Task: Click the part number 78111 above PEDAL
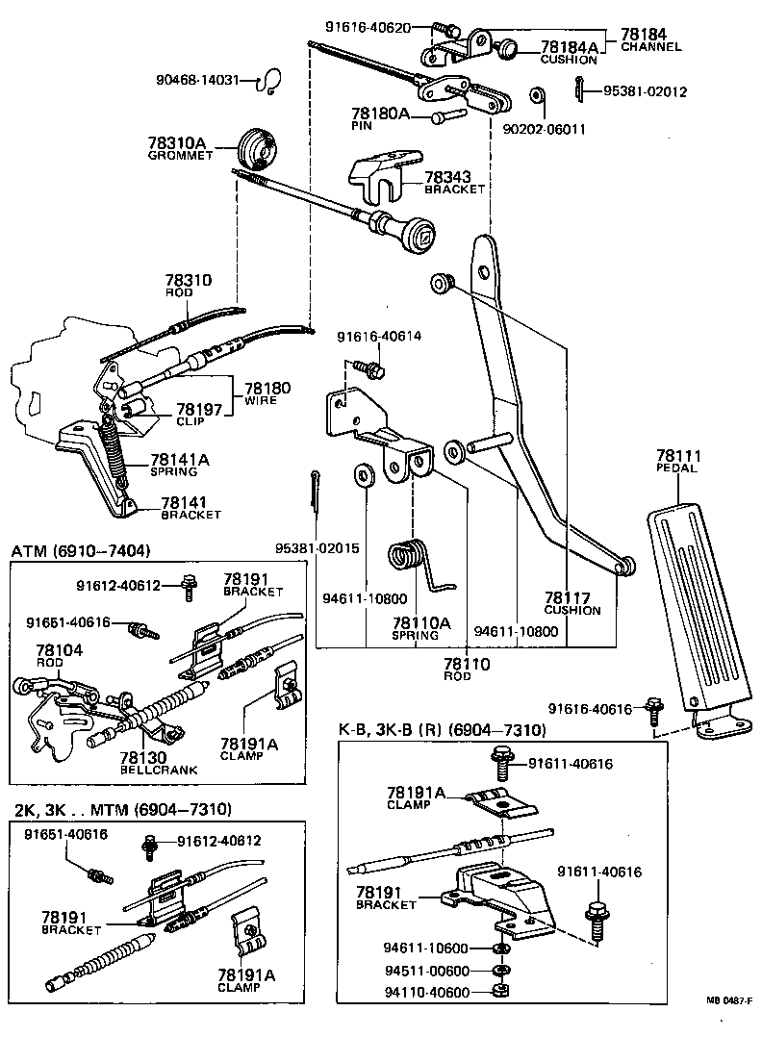679,455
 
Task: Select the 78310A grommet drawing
256,147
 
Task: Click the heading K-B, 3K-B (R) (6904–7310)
442,730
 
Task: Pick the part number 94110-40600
427,992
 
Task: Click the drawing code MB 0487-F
729,1025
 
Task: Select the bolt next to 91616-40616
653,711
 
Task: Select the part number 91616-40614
379,336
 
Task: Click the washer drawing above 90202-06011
537,97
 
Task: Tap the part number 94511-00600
427,971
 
